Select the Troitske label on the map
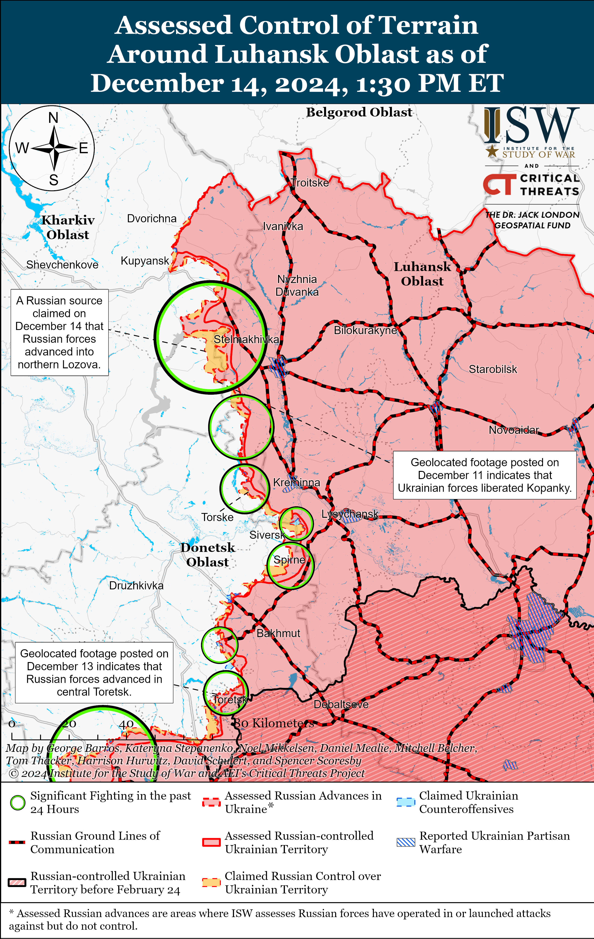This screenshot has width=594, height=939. [x=310, y=183]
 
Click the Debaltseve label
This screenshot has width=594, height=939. [x=341, y=704]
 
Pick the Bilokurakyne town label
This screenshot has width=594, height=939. [x=365, y=330]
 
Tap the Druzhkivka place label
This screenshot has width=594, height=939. [x=136, y=585]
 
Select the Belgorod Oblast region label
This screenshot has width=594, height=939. [x=359, y=112]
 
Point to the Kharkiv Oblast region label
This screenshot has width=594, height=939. [x=68, y=227]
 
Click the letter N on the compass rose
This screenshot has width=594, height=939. [x=53, y=117]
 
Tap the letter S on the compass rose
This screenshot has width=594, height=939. [x=54, y=180]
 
